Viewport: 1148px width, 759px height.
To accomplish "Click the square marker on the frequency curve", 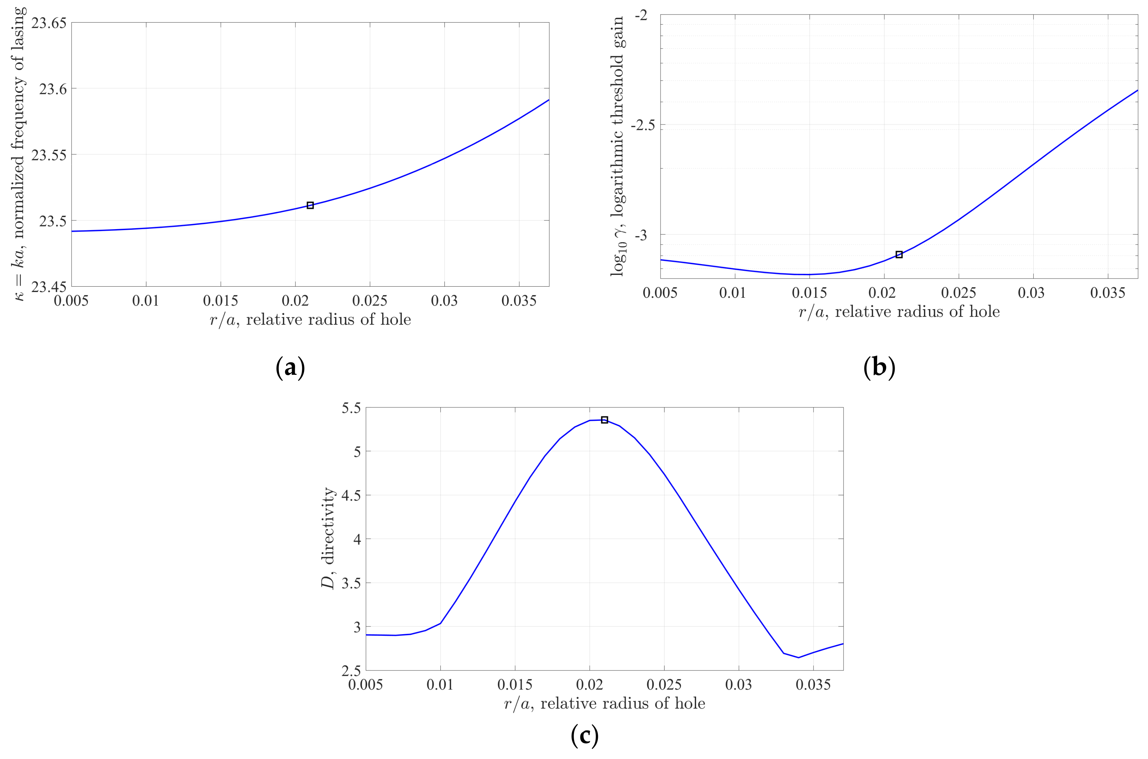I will (310, 205).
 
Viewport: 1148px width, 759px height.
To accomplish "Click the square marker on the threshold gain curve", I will (899, 255).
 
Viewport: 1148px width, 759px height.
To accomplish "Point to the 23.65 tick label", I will (48, 23).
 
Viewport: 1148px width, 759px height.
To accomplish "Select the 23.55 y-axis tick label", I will (48, 155).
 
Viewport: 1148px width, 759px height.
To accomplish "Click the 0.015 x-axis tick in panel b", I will (809, 293).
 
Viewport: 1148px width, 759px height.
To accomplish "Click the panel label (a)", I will (290, 368).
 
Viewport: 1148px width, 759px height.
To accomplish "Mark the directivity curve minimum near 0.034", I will (798, 657).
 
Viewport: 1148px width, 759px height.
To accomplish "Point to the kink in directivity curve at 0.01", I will (440, 623).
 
